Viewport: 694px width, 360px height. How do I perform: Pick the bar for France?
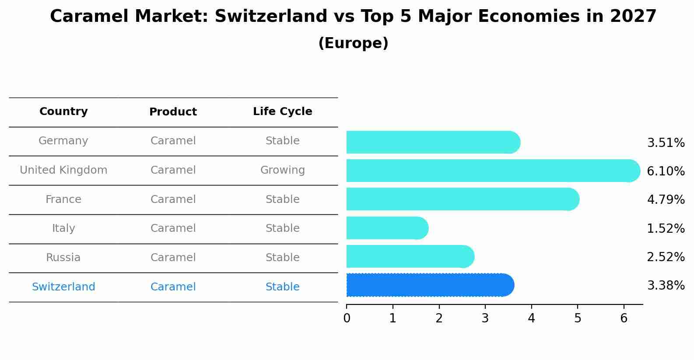pos(462,199)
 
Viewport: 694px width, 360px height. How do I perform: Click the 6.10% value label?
pos(665,171)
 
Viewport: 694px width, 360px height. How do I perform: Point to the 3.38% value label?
pos(665,286)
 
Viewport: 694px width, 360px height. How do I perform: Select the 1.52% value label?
pos(665,228)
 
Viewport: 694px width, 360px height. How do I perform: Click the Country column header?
pos(63,112)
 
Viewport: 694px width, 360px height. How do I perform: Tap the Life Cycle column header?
pos(282,112)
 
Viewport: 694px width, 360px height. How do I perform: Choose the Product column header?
pos(173,112)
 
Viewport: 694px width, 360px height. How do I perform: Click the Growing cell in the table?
pos(282,170)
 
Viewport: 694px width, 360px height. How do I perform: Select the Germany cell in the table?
pos(63,141)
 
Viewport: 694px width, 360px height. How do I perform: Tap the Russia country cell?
pos(63,258)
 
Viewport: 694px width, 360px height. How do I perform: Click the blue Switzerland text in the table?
pos(63,287)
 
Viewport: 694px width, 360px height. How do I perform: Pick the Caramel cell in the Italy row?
pos(173,228)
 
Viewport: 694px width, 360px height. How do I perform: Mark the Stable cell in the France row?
pos(282,199)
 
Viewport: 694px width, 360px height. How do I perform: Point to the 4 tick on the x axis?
pos(531,318)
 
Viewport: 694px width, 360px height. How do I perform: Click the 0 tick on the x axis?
pos(347,318)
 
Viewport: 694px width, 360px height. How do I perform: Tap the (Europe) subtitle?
pos(353,43)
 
